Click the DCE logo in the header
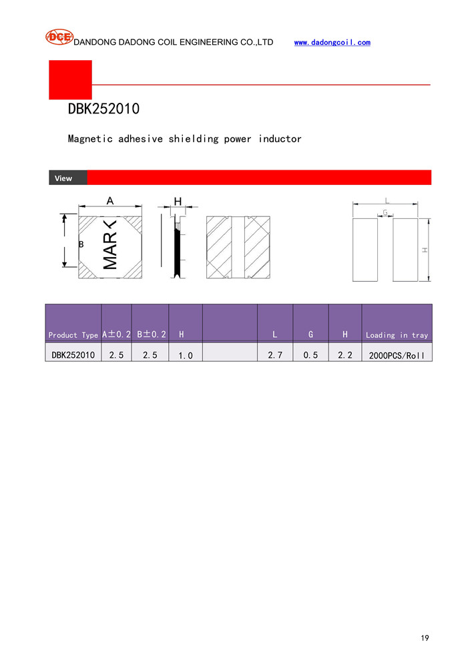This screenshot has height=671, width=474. click(x=59, y=37)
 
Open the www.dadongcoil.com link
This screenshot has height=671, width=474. click(x=332, y=42)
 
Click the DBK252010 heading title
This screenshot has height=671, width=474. click(x=103, y=109)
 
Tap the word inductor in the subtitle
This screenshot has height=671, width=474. click(x=280, y=139)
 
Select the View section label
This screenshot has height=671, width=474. click(x=63, y=178)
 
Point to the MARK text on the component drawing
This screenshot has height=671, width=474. click(x=110, y=244)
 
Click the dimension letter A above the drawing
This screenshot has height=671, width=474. click(x=110, y=201)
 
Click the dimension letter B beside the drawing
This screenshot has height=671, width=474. click(x=81, y=244)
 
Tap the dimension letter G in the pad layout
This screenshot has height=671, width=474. click(x=385, y=212)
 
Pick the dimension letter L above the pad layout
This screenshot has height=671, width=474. click(x=387, y=201)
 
